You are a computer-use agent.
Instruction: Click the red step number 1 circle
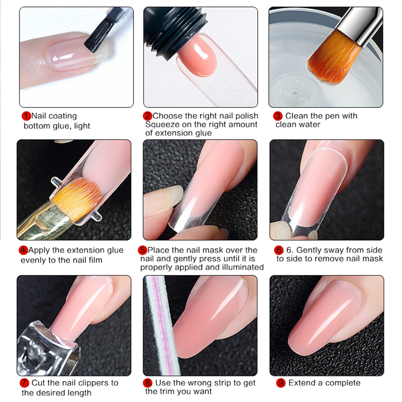coord(26,116)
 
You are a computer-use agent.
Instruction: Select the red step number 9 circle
coord(281,383)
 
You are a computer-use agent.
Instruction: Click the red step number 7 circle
coord(24,383)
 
